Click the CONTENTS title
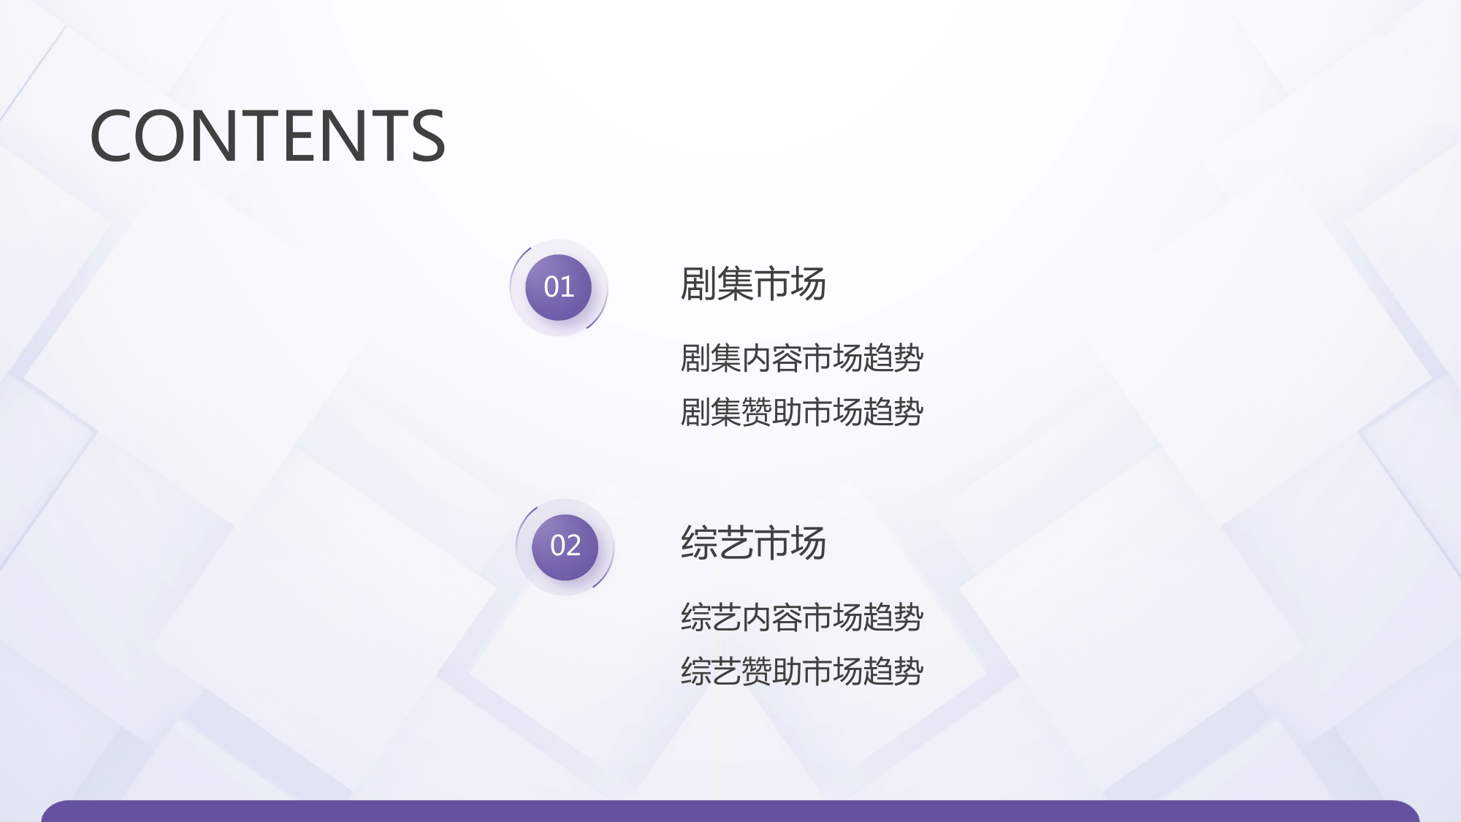pyautogui.click(x=267, y=135)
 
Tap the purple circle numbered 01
pyautogui.click(x=559, y=287)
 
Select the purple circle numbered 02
pyautogui.click(x=565, y=547)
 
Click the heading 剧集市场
pyautogui.click(x=753, y=284)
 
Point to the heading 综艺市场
pyautogui.click(x=753, y=543)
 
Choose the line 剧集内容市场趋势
pyautogui.click(x=802, y=358)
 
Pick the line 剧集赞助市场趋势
pyautogui.click(x=802, y=412)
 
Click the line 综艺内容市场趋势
pyautogui.click(x=802, y=617)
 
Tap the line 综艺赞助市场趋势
pyautogui.click(x=802, y=671)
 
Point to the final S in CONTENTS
pyautogui.click(x=428, y=135)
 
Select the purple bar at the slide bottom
pyautogui.click(x=730, y=811)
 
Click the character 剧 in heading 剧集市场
pyautogui.click(x=698, y=284)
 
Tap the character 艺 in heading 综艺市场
pyautogui.click(x=735, y=543)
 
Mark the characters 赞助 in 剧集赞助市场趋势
pyautogui.click(x=771, y=412)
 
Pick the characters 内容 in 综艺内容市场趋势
pyautogui.click(x=771, y=617)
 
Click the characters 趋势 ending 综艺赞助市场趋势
pyautogui.click(x=893, y=671)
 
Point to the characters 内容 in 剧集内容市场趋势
pyautogui.click(x=771, y=358)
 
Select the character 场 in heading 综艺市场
pyautogui.click(x=809, y=543)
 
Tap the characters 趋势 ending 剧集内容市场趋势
pyautogui.click(x=893, y=358)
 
